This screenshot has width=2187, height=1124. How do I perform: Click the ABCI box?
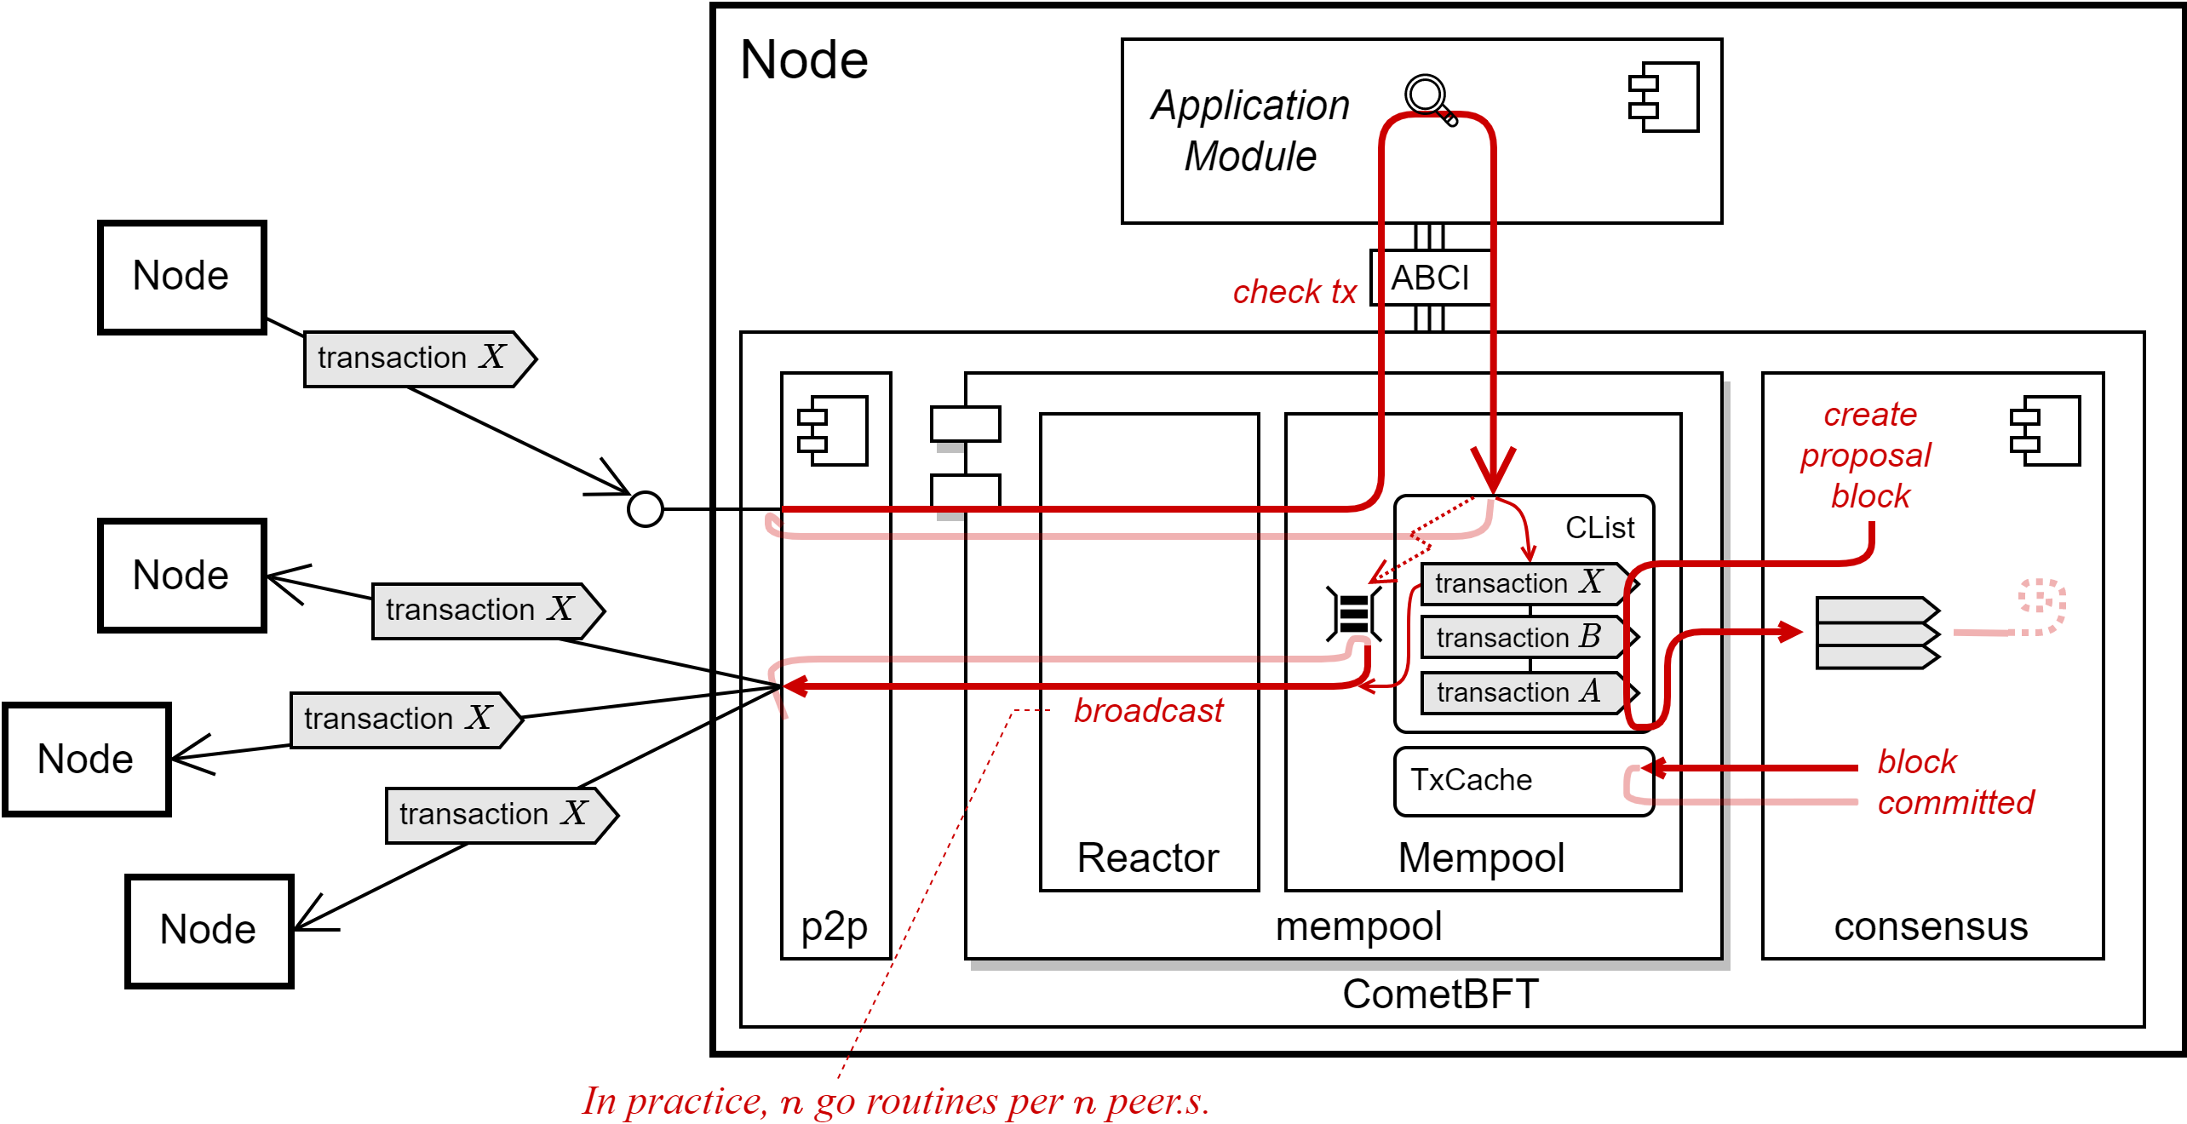1431,278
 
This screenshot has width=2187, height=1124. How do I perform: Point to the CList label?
1599,528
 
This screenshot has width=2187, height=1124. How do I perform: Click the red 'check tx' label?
1294,292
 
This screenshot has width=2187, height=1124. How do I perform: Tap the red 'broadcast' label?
1148,710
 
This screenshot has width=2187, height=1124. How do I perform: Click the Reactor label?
1148,857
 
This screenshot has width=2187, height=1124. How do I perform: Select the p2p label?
835,926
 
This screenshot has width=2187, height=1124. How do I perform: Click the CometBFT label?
1440,994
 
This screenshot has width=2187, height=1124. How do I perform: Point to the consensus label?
1931,926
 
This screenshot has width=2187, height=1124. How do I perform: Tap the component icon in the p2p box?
832,431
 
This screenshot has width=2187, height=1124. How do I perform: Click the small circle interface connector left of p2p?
645,509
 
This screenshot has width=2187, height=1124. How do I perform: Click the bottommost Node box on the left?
210,931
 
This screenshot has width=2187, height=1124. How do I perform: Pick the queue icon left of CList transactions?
1353,613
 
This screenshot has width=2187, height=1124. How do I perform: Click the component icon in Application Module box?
1663,97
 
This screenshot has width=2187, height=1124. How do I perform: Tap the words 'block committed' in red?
1955,782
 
